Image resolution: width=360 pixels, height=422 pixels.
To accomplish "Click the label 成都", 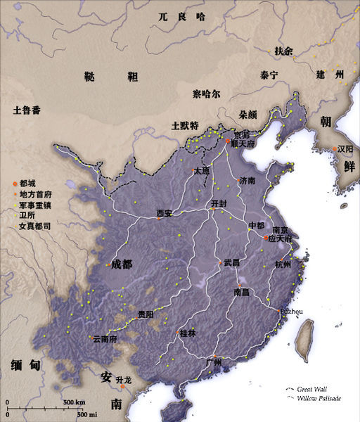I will (121, 264).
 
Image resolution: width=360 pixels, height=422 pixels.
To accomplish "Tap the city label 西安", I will (164, 212).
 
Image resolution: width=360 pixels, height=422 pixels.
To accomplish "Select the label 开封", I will (219, 203).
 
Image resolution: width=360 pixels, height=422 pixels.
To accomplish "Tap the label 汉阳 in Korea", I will (345, 149).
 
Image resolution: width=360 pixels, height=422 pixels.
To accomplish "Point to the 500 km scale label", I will (74, 402).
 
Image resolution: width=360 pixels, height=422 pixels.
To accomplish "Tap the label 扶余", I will (283, 51).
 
